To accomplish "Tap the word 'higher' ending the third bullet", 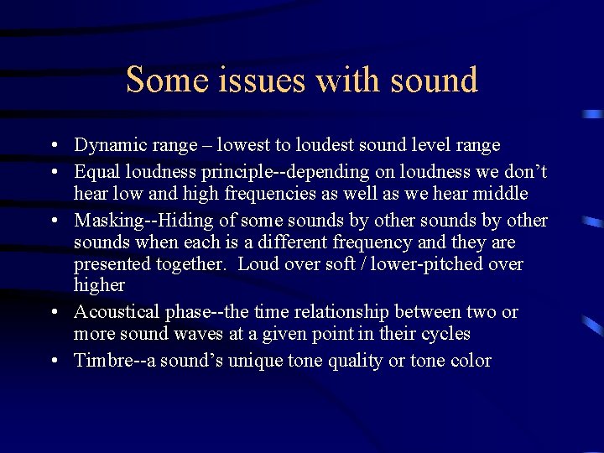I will tap(99, 285).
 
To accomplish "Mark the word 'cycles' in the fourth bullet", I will tap(445, 334).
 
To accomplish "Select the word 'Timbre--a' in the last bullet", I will tap(112, 361).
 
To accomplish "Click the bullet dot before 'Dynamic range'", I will tap(53, 145).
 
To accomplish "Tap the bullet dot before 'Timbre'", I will tap(53, 361).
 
